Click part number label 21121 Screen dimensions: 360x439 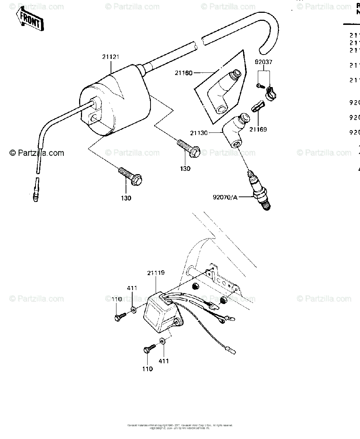coord(111,57)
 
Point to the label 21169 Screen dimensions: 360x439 coord(259,129)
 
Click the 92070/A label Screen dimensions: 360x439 coord(225,198)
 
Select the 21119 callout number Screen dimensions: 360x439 coord(156,273)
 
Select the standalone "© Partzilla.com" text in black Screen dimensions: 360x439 coord(37,153)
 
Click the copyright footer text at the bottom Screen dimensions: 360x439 coord(180,427)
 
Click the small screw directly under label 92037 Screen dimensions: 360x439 coord(260,86)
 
